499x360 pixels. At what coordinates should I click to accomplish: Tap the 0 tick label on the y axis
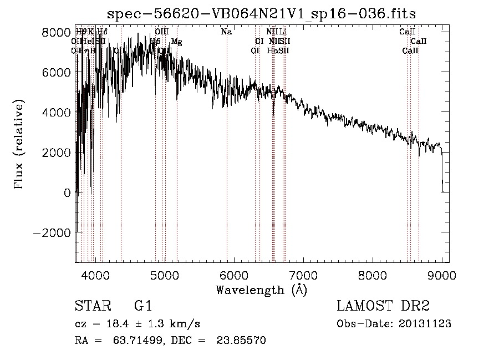click(67, 192)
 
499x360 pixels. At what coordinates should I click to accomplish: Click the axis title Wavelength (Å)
click(261, 290)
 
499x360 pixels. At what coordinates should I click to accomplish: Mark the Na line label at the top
click(226, 32)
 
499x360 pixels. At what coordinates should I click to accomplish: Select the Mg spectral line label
click(176, 42)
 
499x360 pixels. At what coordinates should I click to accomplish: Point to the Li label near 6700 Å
click(283, 32)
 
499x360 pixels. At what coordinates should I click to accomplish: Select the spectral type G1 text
click(142, 306)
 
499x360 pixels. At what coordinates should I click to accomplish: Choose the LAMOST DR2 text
click(383, 306)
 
